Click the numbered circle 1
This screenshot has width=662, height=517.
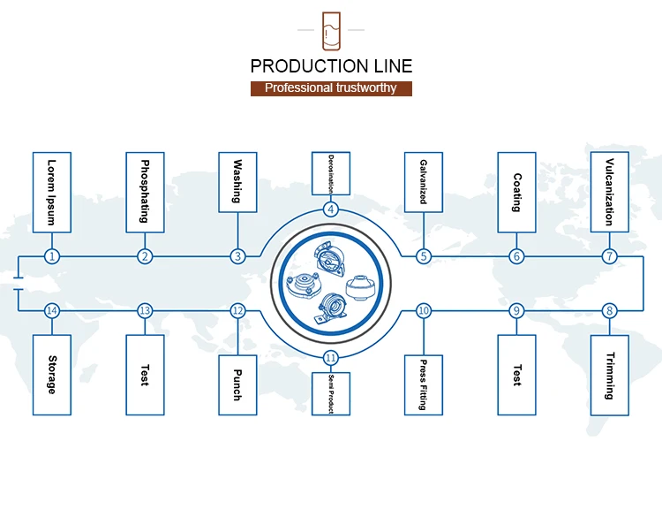tap(52, 256)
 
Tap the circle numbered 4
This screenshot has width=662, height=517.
tap(331, 209)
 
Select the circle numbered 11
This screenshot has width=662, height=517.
tap(331, 358)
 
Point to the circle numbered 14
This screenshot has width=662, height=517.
tap(52, 310)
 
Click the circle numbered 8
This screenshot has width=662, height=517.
tap(609, 310)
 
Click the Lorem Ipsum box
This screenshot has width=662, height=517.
tap(52, 192)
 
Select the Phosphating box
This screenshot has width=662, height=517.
tap(145, 191)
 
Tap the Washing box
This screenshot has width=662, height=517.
tap(237, 182)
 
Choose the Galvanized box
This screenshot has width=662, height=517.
tap(424, 182)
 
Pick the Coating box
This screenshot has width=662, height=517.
tap(516, 192)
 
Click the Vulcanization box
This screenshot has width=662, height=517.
tap(609, 191)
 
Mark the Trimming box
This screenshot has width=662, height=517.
tap(609, 376)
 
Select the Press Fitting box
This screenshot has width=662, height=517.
tap(424, 384)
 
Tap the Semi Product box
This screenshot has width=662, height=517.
tap(331, 393)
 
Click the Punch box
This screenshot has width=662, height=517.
tap(237, 384)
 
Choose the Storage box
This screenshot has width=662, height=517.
tap(52, 375)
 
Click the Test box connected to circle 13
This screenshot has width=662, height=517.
tap(145, 375)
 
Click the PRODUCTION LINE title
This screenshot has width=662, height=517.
tap(331, 65)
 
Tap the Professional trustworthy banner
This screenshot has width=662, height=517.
tap(331, 88)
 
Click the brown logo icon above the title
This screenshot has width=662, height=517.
tap(331, 30)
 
